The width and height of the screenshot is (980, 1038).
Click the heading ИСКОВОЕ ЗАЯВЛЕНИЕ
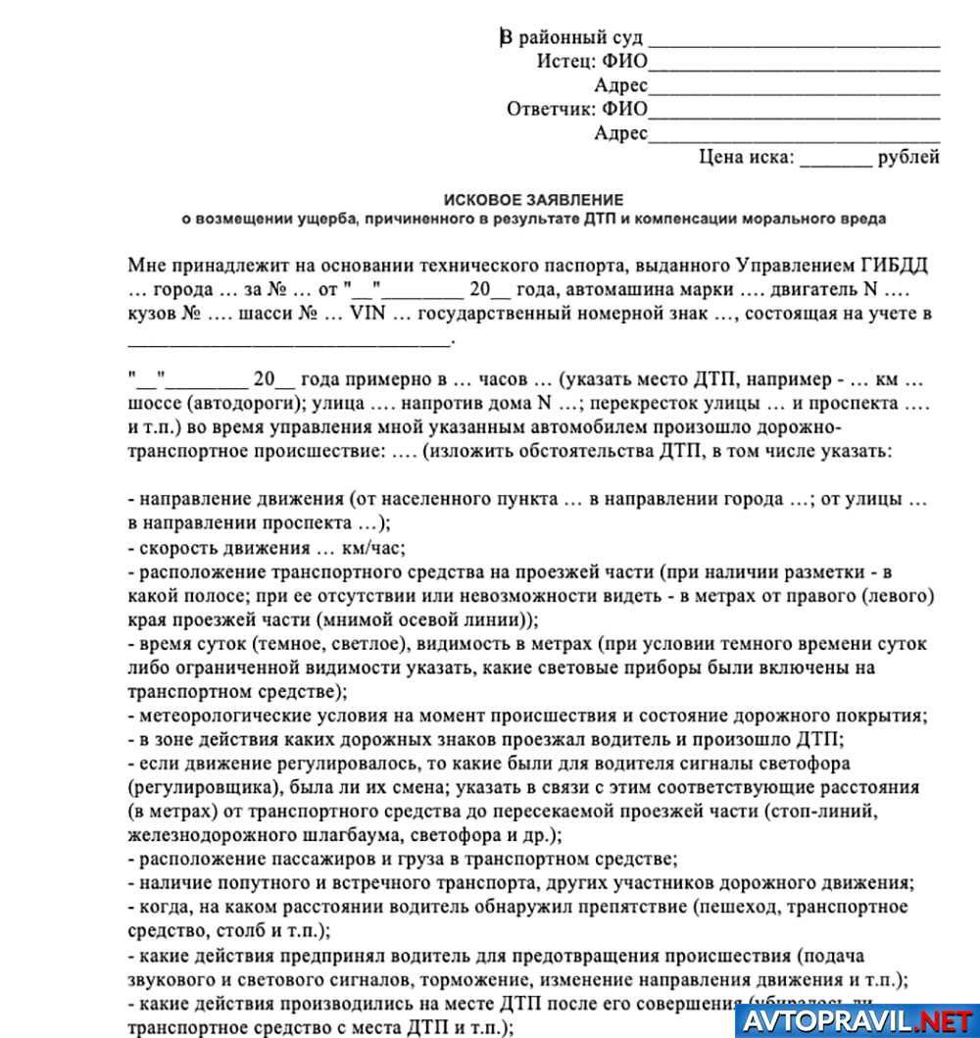(x=532, y=199)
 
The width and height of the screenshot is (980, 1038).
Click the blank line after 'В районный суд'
(x=794, y=42)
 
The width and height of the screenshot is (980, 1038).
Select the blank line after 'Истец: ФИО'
(x=794, y=66)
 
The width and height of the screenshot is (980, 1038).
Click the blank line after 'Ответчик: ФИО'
(x=794, y=113)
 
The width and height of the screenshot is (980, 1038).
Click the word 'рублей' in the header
(x=908, y=157)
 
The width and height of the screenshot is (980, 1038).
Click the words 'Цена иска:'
(x=747, y=157)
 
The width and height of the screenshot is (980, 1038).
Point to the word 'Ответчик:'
(x=552, y=109)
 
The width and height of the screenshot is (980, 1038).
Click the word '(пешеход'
(x=740, y=907)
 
